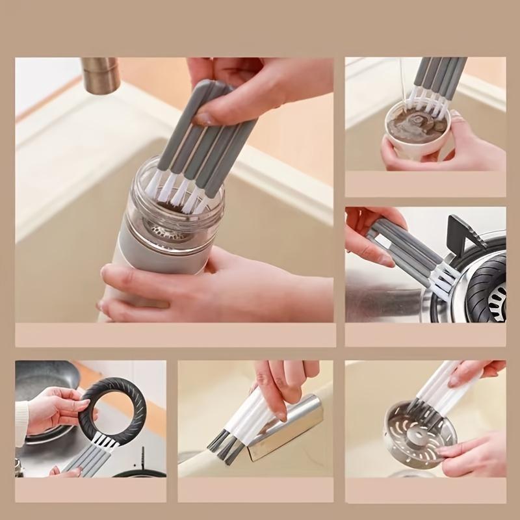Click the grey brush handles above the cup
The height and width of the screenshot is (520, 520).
tap(442, 78)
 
